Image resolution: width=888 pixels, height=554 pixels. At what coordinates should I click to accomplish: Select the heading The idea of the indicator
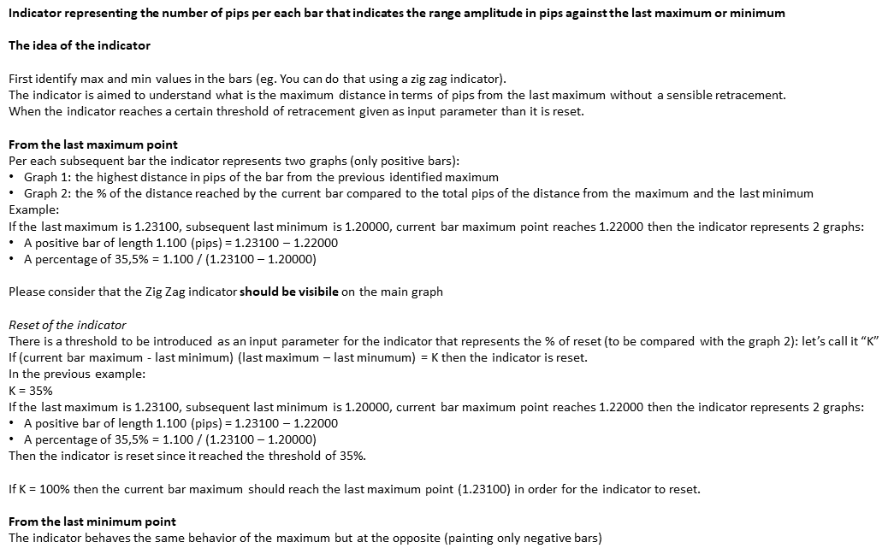click(x=80, y=44)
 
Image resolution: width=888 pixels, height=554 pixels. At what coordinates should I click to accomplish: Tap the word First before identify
click(x=21, y=78)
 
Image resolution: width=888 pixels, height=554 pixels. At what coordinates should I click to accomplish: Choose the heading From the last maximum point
click(x=93, y=144)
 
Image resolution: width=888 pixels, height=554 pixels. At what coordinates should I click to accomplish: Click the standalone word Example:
click(x=33, y=209)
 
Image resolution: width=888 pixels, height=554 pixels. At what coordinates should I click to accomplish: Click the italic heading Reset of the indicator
click(x=67, y=325)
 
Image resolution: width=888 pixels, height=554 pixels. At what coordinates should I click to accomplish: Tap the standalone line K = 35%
click(x=32, y=391)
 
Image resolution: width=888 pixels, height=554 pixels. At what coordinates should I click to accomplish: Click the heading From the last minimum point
click(x=92, y=522)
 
